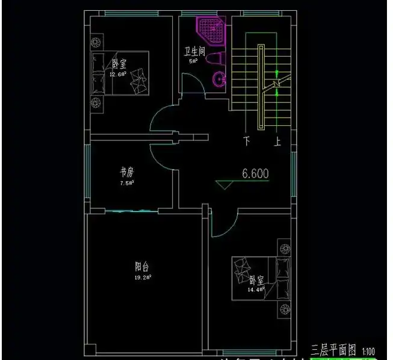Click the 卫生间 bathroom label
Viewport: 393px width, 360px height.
coord(196,52)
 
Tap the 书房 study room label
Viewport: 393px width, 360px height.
coord(126,172)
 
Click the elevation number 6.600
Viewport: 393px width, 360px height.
coord(255,174)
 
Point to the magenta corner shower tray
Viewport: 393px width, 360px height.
coord(211,28)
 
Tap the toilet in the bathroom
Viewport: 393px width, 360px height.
coord(215,60)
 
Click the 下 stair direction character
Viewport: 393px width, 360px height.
coord(247,142)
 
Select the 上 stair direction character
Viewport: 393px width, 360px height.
coord(277,142)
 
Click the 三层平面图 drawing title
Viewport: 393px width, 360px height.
coord(333,350)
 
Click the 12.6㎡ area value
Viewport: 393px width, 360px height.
coord(117,75)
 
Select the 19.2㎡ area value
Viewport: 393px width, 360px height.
coord(143,278)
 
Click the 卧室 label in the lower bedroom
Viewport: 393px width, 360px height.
coord(256,280)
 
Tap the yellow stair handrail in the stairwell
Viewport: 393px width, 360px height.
coord(260,87)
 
